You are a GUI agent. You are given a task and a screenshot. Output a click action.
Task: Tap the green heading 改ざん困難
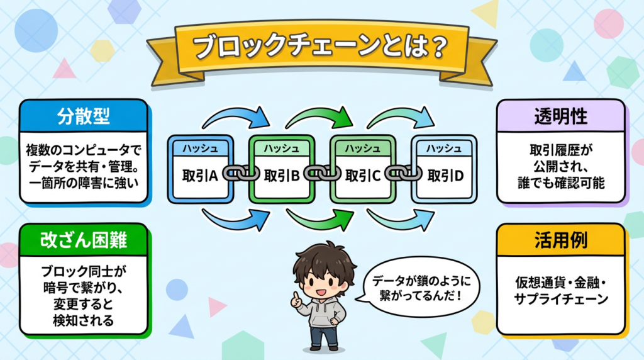[84, 239]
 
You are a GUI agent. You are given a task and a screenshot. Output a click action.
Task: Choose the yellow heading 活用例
[561, 239]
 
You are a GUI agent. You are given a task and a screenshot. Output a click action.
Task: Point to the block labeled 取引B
[281, 175]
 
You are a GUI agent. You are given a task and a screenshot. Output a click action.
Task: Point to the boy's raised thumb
[295, 296]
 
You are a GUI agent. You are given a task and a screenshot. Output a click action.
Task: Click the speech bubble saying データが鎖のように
[416, 287]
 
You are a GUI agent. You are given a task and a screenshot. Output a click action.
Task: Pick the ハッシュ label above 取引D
[444, 148]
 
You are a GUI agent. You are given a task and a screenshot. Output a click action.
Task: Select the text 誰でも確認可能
[561, 186]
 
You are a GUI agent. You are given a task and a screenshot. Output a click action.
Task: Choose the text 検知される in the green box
[84, 322]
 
